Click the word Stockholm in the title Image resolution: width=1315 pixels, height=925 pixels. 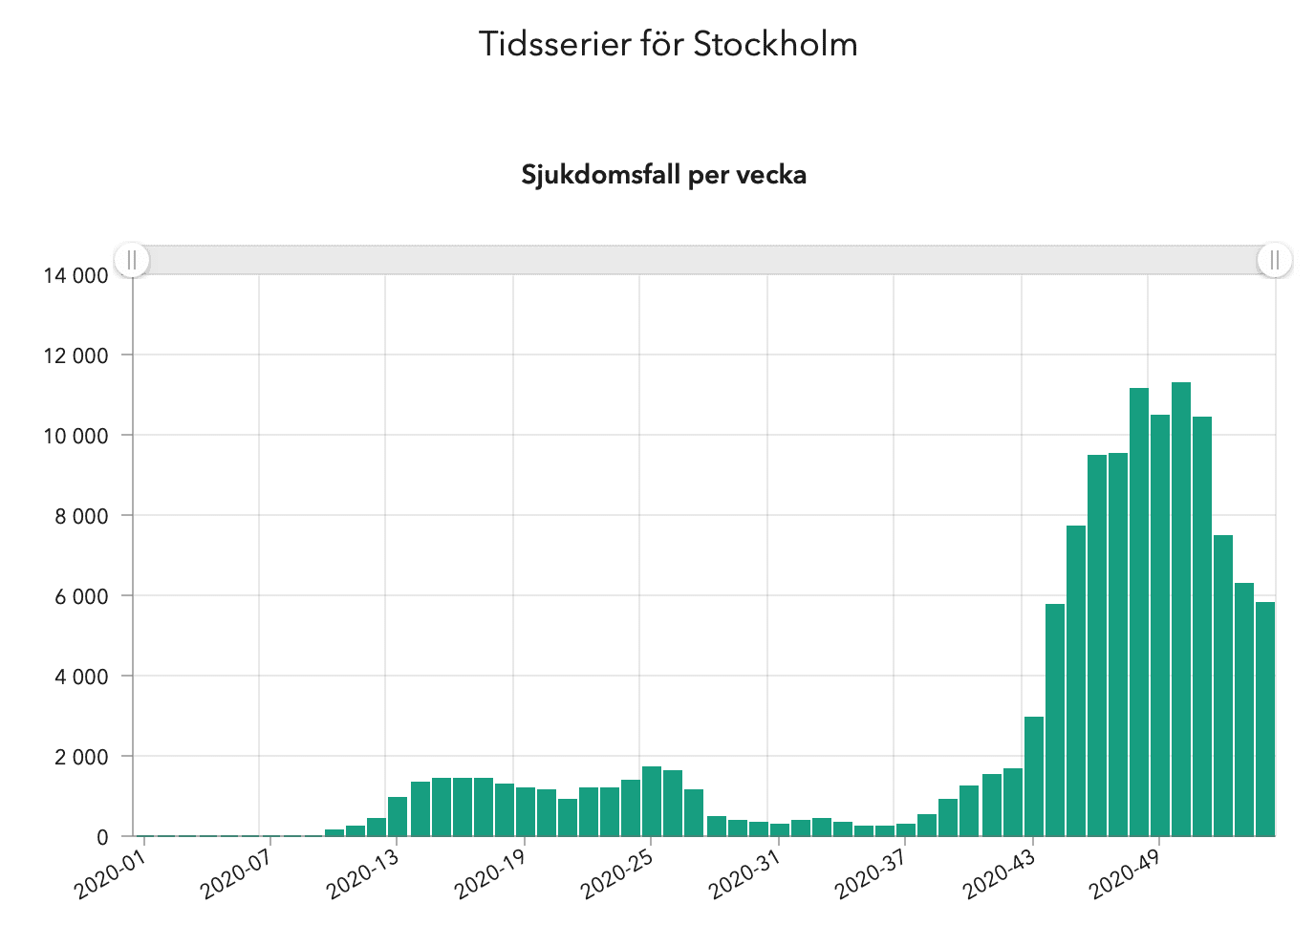[x=775, y=44]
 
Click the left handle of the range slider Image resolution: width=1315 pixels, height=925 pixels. [x=133, y=260]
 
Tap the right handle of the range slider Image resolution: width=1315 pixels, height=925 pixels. [x=1274, y=260]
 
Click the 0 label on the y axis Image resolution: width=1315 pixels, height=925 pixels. [x=102, y=837]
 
